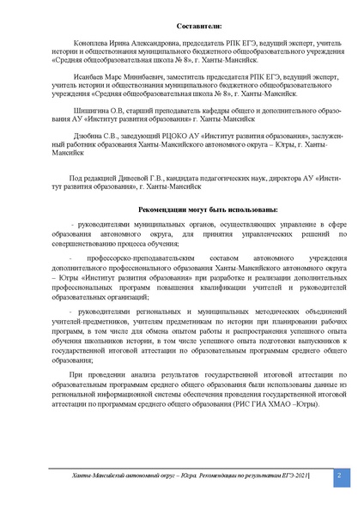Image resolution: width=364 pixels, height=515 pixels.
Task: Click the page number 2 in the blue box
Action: tap(337, 473)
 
